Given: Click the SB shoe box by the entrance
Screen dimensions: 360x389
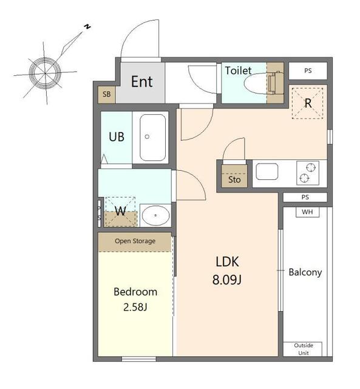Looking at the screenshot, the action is click(x=106, y=95).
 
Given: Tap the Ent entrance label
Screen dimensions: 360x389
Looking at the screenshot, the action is click(x=141, y=81).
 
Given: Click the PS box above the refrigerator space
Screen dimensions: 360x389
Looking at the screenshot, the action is click(x=308, y=71).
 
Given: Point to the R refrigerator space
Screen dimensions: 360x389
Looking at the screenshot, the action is click(x=308, y=103).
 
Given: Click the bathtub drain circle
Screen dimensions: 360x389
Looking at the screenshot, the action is click(x=147, y=136).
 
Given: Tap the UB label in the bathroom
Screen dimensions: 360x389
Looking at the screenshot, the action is click(x=117, y=137).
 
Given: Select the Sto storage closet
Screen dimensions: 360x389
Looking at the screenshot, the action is click(x=234, y=176).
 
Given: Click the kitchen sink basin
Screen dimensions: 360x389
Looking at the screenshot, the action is click(x=267, y=171).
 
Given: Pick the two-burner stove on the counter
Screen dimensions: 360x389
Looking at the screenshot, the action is click(x=308, y=173).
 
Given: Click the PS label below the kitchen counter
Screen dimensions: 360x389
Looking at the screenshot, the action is click(x=305, y=197).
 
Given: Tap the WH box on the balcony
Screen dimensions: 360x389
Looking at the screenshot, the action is click(x=307, y=212).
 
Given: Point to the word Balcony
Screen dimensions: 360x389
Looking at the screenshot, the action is click(x=305, y=272).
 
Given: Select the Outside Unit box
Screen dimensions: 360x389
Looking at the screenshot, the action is click(x=303, y=349).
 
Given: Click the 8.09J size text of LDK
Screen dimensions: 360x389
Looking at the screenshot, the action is click(x=226, y=280).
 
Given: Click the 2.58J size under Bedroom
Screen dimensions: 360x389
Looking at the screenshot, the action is click(x=135, y=308).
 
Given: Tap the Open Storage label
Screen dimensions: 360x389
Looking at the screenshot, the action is click(x=135, y=241).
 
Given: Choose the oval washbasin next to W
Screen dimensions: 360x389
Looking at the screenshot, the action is click(x=155, y=215).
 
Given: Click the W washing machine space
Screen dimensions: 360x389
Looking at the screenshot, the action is click(x=121, y=212).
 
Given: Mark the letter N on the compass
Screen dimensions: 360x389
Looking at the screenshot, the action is click(x=87, y=27).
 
